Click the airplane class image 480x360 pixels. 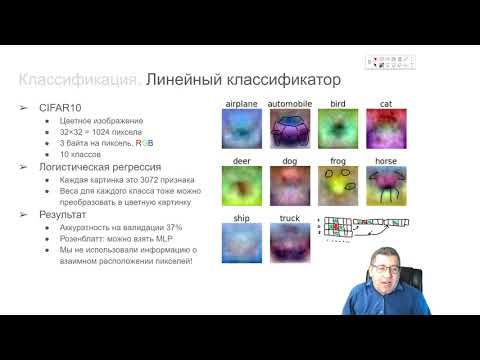[x=241, y=130]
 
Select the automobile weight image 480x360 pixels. [x=290, y=130]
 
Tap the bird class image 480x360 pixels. [x=337, y=130]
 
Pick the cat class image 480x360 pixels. [x=385, y=130]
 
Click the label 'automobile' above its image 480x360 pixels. [x=290, y=104]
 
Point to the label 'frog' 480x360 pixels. [x=337, y=160]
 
